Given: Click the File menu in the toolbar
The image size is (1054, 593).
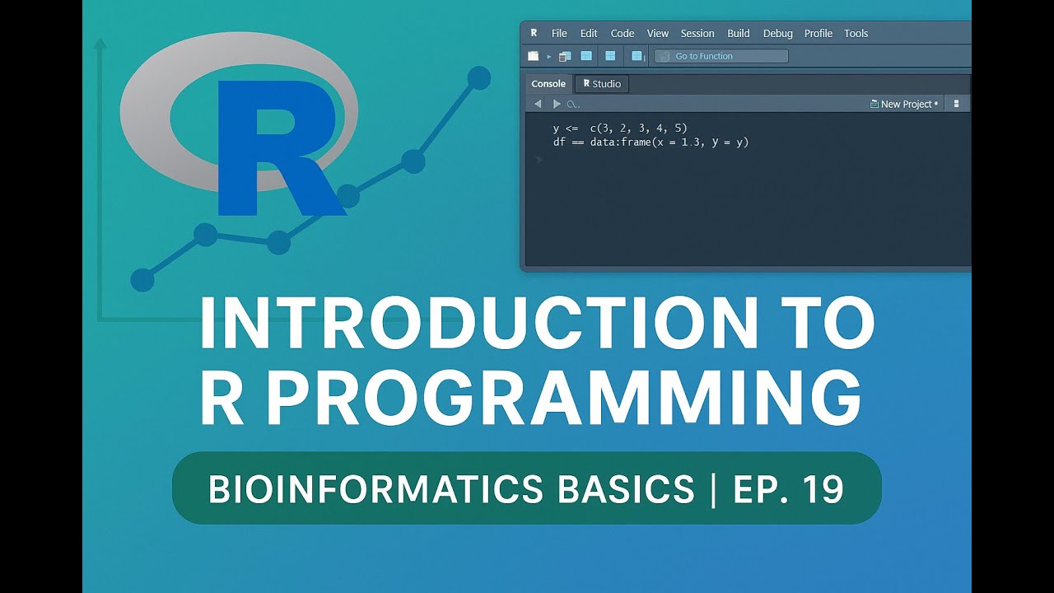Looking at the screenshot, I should click(559, 34).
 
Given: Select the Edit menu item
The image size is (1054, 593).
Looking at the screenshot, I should click(589, 34).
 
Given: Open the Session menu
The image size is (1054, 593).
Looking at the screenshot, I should click(697, 34).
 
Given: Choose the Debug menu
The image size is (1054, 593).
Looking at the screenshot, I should click(777, 34).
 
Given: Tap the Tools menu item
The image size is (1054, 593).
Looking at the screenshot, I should click(856, 34).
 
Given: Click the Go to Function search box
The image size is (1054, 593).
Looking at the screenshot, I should click(721, 56).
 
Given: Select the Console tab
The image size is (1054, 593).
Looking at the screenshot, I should click(548, 84).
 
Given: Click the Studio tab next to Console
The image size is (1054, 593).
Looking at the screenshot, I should click(602, 84).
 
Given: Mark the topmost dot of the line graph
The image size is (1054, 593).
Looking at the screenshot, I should click(478, 78).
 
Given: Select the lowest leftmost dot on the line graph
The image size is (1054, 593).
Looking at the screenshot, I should click(142, 280).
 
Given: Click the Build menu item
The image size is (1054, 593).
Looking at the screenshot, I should click(739, 34).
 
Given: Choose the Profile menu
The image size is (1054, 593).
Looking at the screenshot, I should click(818, 34).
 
